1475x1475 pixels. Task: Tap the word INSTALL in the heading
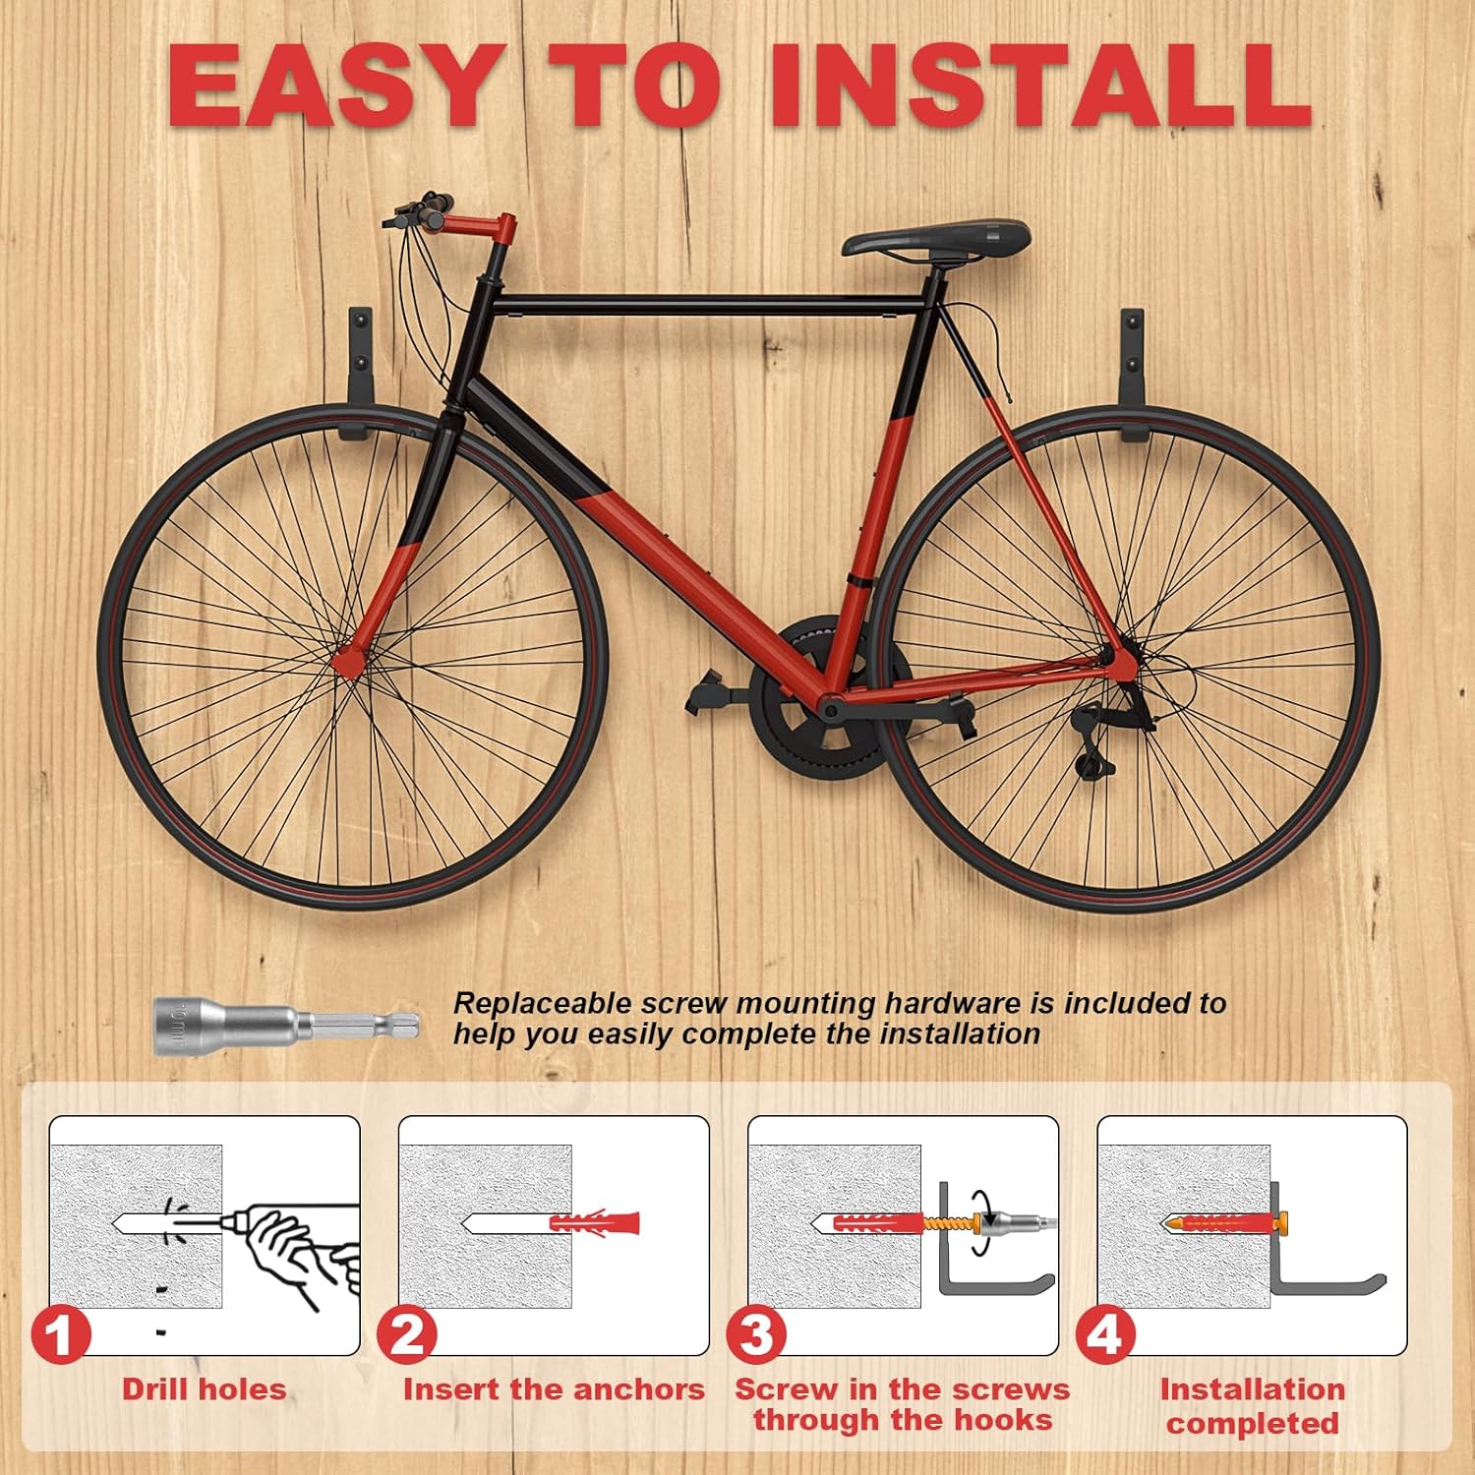(x=1040, y=86)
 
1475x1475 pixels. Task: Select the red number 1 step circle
(x=61, y=1335)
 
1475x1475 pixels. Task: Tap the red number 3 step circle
(x=757, y=1335)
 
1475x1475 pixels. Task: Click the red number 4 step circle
(x=1106, y=1335)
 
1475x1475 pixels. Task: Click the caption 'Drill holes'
(x=205, y=1389)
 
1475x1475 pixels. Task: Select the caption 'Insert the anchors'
(x=554, y=1389)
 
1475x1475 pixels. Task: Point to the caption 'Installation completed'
(x=1253, y=1406)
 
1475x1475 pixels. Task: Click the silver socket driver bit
(x=286, y=1026)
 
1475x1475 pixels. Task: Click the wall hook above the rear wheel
(x=1133, y=374)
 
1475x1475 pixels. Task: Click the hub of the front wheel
(x=346, y=661)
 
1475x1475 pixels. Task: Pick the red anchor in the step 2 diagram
(x=594, y=1224)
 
